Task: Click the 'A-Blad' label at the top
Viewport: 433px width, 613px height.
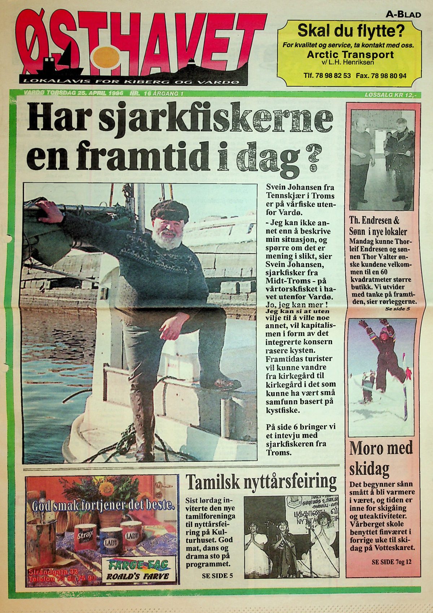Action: coord(403,14)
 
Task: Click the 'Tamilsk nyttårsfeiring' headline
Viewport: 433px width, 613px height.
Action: coord(261,481)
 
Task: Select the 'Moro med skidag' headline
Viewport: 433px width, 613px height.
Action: coord(381,459)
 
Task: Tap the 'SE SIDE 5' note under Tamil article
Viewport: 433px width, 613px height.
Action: coord(215,575)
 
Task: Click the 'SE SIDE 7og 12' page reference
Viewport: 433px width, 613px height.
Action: coord(391,562)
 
